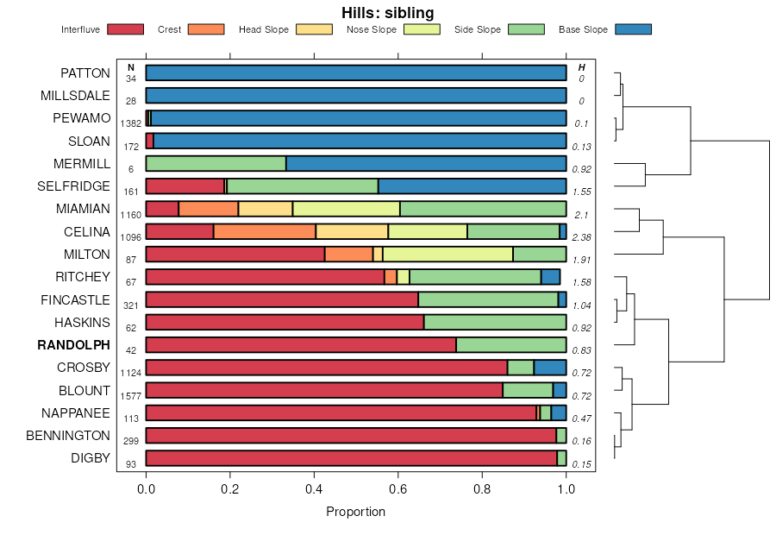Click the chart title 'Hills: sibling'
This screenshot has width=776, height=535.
[x=387, y=12]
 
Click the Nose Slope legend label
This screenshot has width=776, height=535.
[x=371, y=29]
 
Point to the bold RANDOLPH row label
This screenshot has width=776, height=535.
[x=74, y=345]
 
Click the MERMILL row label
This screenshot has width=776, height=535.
[x=82, y=164]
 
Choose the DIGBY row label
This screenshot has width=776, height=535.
[x=91, y=458]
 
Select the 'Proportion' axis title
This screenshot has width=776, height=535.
[x=355, y=512]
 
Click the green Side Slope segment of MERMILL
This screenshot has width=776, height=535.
[x=216, y=164]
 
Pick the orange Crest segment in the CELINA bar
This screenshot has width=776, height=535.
[x=265, y=231]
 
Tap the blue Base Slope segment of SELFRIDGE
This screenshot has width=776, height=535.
[x=472, y=186]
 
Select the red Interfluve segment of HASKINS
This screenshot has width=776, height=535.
[x=285, y=322]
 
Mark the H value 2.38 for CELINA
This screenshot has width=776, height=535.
[x=581, y=236]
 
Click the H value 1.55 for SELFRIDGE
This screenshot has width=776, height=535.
[x=581, y=192]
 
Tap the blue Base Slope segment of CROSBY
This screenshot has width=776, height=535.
[x=550, y=368]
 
